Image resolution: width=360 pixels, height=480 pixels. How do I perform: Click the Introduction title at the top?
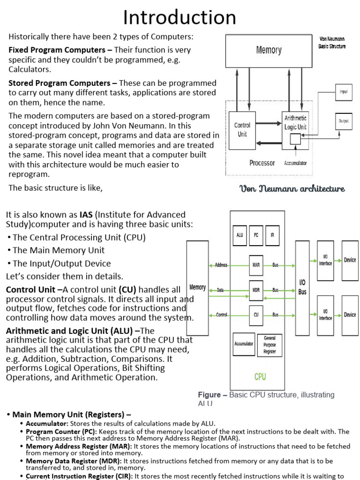(180, 18)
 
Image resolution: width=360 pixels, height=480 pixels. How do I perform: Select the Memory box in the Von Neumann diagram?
(269, 50)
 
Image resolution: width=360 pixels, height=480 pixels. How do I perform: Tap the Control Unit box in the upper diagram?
(242, 130)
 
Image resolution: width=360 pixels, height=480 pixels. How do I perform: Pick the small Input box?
(344, 92)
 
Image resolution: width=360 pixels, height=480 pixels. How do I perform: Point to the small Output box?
(344, 121)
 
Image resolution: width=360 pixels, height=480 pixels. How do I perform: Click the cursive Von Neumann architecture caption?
(292, 189)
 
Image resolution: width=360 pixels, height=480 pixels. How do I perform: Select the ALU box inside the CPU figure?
(240, 235)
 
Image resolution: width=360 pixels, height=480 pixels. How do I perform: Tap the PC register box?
(256, 235)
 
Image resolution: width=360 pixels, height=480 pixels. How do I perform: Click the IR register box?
(272, 235)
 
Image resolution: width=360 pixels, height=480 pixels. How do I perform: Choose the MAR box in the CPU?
(256, 265)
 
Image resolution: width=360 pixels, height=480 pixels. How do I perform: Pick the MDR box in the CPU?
(256, 290)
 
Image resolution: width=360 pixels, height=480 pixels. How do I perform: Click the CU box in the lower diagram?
(256, 315)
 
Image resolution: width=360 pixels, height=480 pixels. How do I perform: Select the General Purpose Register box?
(270, 345)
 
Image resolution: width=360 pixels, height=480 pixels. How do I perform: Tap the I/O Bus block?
(302, 288)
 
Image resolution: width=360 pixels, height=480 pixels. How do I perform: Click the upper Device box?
(350, 260)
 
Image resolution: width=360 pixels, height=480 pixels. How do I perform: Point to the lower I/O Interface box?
(325, 315)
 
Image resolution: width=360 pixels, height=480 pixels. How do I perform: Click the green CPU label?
(260, 376)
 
